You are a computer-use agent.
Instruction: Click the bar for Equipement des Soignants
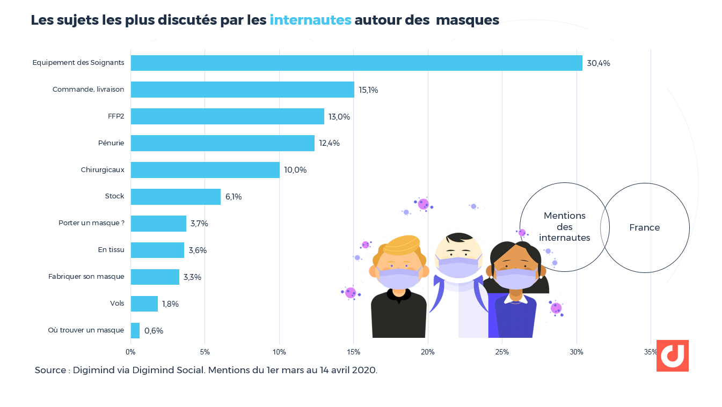click(x=356, y=63)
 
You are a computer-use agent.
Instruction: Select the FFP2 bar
click(x=228, y=116)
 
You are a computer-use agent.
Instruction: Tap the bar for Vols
click(x=144, y=304)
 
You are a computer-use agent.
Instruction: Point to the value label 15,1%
click(x=368, y=90)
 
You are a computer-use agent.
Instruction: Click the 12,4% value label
click(x=329, y=143)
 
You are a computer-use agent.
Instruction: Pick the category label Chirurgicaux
click(x=103, y=170)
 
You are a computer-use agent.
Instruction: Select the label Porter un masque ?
click(x=91, y=223)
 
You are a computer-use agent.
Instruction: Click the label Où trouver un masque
click(x=86, y=330)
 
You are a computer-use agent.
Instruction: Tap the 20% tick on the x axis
click(x=428, y=352)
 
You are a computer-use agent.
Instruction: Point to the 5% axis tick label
click(x=205, y=352)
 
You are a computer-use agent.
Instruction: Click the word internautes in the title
click(x=310, y=20)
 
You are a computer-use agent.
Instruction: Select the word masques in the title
click(x=467, y=20)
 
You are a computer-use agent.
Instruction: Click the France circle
click(x=645, y=228)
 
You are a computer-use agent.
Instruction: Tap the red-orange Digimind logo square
click(x=672, y=356)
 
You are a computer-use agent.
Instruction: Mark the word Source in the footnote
click(x=51, y=371)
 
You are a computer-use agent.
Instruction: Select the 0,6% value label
click(x=154, y=331)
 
